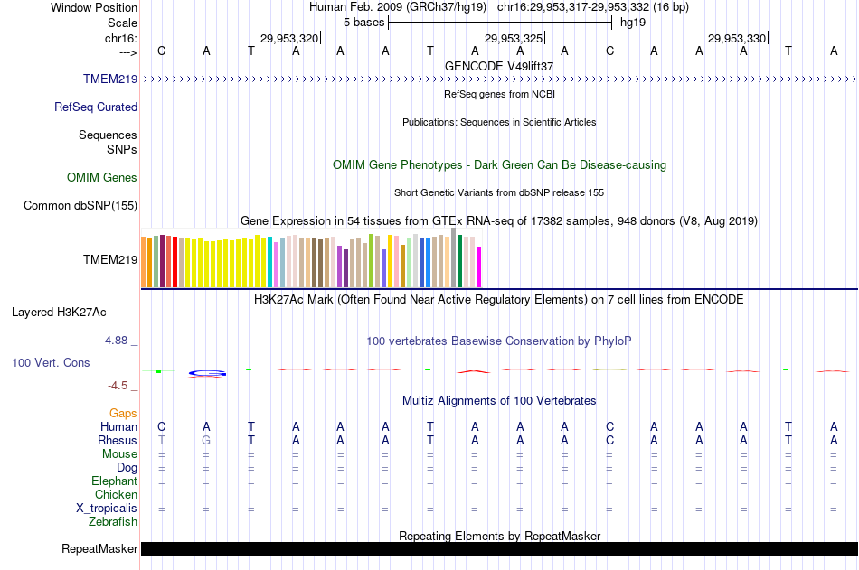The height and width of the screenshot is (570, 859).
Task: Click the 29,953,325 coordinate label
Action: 514,38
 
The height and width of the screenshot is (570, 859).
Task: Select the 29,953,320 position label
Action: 288,38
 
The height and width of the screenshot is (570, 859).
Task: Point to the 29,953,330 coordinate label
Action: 737,38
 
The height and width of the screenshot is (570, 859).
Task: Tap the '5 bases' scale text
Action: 363,22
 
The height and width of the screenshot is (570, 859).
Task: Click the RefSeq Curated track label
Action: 96,107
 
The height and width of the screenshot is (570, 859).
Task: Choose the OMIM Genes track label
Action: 102,178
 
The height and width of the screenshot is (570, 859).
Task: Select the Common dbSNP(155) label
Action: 80,205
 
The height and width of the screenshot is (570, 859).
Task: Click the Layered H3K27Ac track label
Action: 59,313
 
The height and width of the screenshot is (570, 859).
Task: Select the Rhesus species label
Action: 118,440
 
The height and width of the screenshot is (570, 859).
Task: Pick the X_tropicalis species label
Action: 107,508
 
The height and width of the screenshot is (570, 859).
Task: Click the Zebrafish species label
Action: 113,521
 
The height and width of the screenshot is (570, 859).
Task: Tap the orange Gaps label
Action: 123,413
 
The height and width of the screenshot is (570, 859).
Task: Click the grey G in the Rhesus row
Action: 206,440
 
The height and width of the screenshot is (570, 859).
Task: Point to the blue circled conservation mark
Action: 207,373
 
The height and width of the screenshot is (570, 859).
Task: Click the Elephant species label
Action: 114,481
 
